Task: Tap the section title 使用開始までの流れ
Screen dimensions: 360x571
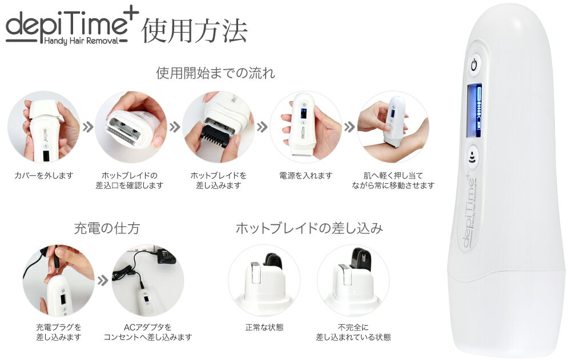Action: (215, 73)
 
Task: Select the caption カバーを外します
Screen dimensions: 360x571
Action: (43, 175)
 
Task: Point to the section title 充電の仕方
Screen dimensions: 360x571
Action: (107, 229)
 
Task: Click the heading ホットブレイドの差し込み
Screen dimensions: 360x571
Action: (309, 229)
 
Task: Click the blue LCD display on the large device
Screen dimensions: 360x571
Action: (474, 111)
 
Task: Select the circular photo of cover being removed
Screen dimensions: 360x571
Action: (43, 127)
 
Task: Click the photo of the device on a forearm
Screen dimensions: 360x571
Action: (392, 127)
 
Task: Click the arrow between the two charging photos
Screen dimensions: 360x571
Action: (103, 281)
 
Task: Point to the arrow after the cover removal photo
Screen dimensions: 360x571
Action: (87, 127)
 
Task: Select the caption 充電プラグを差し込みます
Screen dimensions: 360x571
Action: (58, 332)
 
